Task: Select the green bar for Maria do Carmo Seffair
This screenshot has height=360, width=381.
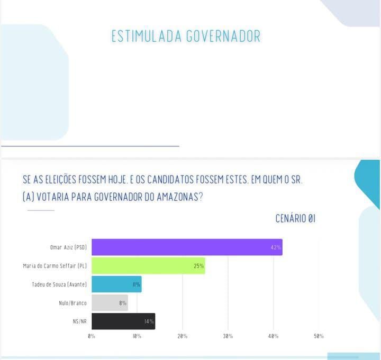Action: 148,265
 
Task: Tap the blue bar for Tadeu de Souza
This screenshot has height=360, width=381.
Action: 116,284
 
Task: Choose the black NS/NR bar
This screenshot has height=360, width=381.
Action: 123,321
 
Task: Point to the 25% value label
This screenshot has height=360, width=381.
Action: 198,266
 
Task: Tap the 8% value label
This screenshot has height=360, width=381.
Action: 122,303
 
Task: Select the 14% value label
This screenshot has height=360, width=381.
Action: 149,321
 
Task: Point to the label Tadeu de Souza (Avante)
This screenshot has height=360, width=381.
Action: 59,284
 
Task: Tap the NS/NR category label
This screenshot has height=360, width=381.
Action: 79,321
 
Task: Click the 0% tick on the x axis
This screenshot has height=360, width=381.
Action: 92,336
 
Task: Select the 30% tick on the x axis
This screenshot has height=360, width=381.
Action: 228,336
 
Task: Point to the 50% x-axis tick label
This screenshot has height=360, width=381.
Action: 319,336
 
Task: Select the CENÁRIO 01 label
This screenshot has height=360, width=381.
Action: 295,218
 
